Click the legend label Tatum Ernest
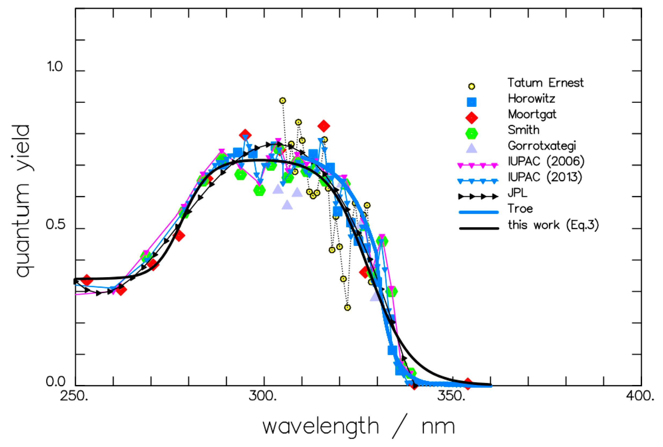545,83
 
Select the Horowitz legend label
531,99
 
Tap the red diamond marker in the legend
471,117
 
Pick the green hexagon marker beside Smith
471,133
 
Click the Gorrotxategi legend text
542,146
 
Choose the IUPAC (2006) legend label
546,161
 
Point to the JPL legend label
517,193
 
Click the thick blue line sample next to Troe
479,212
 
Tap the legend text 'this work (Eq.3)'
553,225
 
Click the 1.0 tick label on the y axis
54,67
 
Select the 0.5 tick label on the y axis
55,225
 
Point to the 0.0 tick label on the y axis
55,381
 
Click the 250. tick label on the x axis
74,396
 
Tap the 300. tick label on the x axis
262,396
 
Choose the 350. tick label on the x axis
451,396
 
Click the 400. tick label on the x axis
640,396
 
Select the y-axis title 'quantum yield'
23,201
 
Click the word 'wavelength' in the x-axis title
321,427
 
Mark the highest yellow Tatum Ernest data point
282,101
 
